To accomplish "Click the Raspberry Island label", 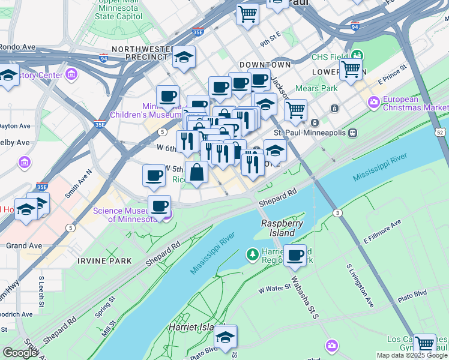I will pyautogui.click(x=278, y=228).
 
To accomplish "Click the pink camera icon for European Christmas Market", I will pyautogui.click(x=374, y=103).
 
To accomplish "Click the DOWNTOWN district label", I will pyautogui.click(x=265, y=64).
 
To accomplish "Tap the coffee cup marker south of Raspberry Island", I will pyautogui.click(x=295, y=255).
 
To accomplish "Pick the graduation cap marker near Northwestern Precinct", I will pyautogui.click(x=184, y=57).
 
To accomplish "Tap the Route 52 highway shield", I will pyautogui.click(x=441, y=131).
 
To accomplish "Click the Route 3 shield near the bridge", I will pyautogui.click(x=338, y=213).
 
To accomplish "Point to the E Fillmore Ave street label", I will pyautogui.click(x=382, y=232).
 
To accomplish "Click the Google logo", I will pyautogui.click(x=19, y=353).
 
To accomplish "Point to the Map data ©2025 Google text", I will pyautogui.click(x=411, y=355).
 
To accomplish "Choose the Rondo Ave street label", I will pyautogui.click(x=17, y=47).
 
